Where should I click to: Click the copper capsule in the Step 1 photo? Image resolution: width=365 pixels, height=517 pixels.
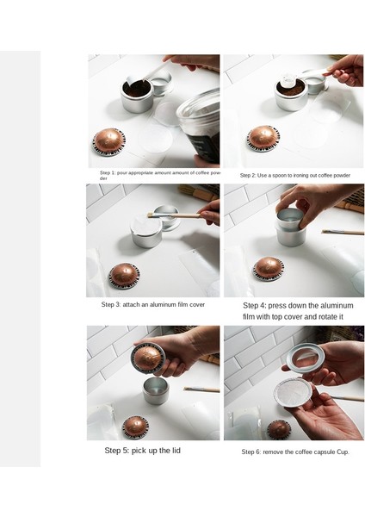[108, 142]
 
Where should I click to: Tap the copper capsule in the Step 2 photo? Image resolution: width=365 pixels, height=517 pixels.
[263, 138]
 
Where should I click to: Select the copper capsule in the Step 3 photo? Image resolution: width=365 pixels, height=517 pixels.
[124, 276]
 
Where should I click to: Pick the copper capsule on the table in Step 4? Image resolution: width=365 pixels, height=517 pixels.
[269, 269]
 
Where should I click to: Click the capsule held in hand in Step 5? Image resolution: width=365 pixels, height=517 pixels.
[147, 358]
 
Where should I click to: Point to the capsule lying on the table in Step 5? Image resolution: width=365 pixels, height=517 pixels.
[135, 427]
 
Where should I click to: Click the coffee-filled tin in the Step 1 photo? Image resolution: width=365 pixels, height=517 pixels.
[137, 96]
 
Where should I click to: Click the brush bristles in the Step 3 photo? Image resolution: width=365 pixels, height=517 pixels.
[152, 215]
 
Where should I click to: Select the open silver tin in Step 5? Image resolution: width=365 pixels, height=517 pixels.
[156, 391]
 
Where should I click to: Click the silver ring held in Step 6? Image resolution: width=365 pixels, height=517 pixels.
[305, 358]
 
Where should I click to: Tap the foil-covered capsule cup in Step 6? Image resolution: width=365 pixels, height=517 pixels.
[293, 393]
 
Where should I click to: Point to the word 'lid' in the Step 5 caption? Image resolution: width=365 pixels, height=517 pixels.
[176, 451]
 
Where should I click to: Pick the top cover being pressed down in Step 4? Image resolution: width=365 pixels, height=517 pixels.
[290, 218]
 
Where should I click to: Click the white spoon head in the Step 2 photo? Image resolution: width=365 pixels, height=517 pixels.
[288, 80]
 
